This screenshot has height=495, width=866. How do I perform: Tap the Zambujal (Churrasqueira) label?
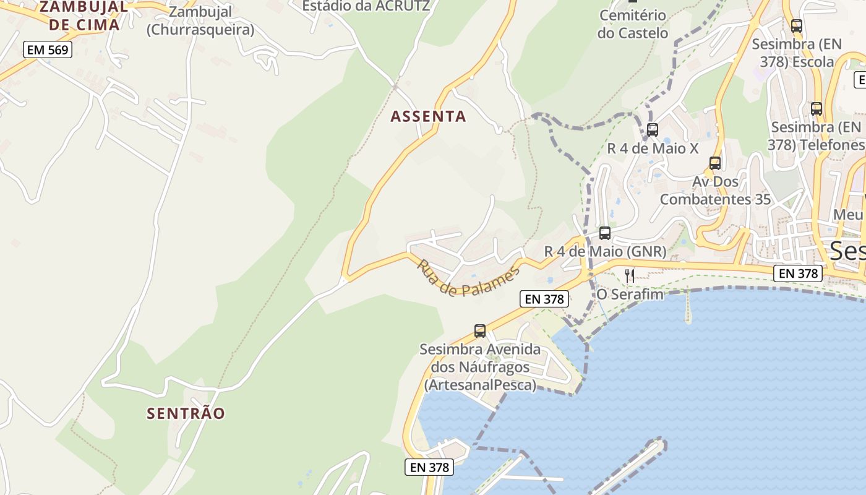click(x=200, y=20)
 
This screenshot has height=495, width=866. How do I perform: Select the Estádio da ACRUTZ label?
click(x=366, y=6)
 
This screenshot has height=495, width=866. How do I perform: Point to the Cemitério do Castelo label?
click(x=633, y=24)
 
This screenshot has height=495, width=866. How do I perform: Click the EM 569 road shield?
click(x=48, y=49)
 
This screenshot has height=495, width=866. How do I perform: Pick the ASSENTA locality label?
click(x=428, y=116)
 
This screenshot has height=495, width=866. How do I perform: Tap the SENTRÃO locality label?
click(x=186, y=413)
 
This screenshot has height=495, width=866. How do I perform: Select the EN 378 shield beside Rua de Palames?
click(x=544, y=299)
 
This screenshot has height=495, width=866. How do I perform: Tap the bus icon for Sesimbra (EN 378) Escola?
click(x=797, y=26)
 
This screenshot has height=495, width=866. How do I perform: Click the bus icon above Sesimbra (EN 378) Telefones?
click(x=817, y=109)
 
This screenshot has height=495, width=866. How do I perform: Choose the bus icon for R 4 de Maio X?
click(x=653, y=130)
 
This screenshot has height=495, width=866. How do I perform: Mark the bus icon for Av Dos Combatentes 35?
click(x=715, y=163)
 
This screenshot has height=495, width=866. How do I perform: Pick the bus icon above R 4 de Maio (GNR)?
click(x=605, y=233)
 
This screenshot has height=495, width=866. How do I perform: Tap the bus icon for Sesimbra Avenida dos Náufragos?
click(x=480, y=331)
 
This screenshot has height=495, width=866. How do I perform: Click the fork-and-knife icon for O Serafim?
click(x=630, y=275)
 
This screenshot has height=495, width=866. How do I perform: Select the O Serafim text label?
click(x=630, y=295)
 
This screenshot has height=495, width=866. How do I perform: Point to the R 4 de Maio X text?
click(x=653, y=148)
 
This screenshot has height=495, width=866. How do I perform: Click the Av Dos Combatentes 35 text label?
click(x=715, y=191)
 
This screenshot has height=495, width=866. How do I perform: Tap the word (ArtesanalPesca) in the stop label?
click(x=480, y=385)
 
